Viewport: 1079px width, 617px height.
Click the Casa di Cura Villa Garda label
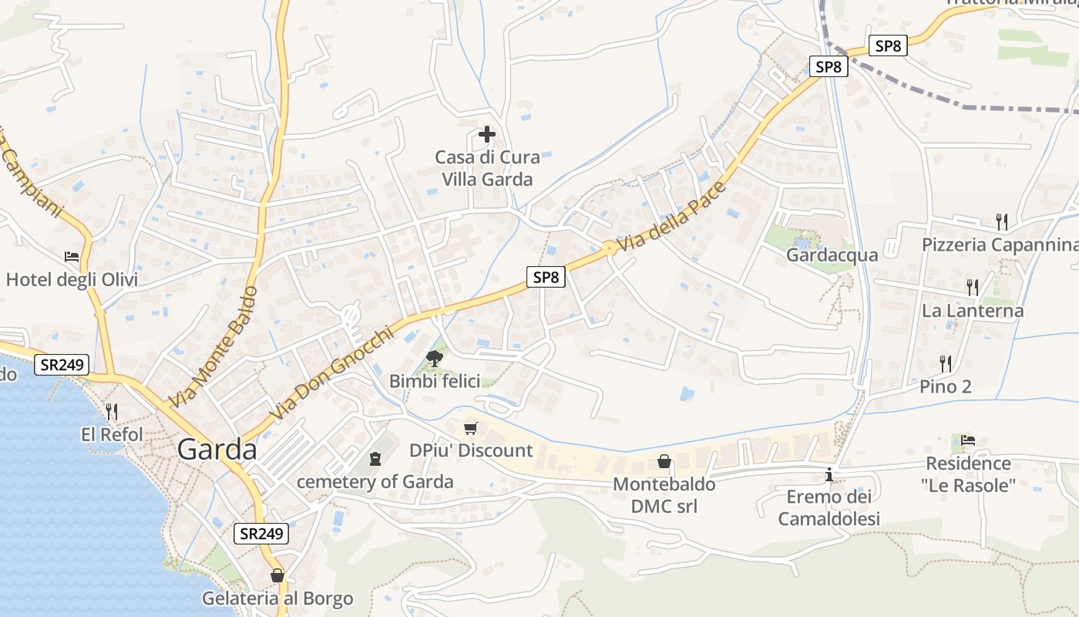[487, 169]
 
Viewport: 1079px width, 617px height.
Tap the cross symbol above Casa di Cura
[487, 135]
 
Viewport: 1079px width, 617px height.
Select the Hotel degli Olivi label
[72, 279]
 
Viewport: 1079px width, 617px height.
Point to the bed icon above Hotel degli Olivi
[72, 256]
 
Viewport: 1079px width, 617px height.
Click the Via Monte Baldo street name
[213, 348]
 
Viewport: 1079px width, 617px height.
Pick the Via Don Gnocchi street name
[332, 375]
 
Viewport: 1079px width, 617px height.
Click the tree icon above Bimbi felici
[435, 358]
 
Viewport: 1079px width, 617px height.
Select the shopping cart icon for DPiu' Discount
[471, 428]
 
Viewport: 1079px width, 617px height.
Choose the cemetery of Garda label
[375, 482]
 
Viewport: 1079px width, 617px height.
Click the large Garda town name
[217, 449]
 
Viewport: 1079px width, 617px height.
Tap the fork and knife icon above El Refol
[112, 411]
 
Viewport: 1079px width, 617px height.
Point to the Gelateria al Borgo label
[277, 598]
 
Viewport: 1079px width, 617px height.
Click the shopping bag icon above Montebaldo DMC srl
[664, 462]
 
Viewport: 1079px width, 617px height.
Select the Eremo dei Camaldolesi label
[829, 507]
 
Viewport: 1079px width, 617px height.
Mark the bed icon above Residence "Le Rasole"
[968, 440]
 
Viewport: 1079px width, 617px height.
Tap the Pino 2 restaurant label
[946, 386]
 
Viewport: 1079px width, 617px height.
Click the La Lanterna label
[973, 311]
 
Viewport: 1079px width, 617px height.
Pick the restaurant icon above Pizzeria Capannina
[1001, 222]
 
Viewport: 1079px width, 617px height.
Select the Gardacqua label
[832, 255]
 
